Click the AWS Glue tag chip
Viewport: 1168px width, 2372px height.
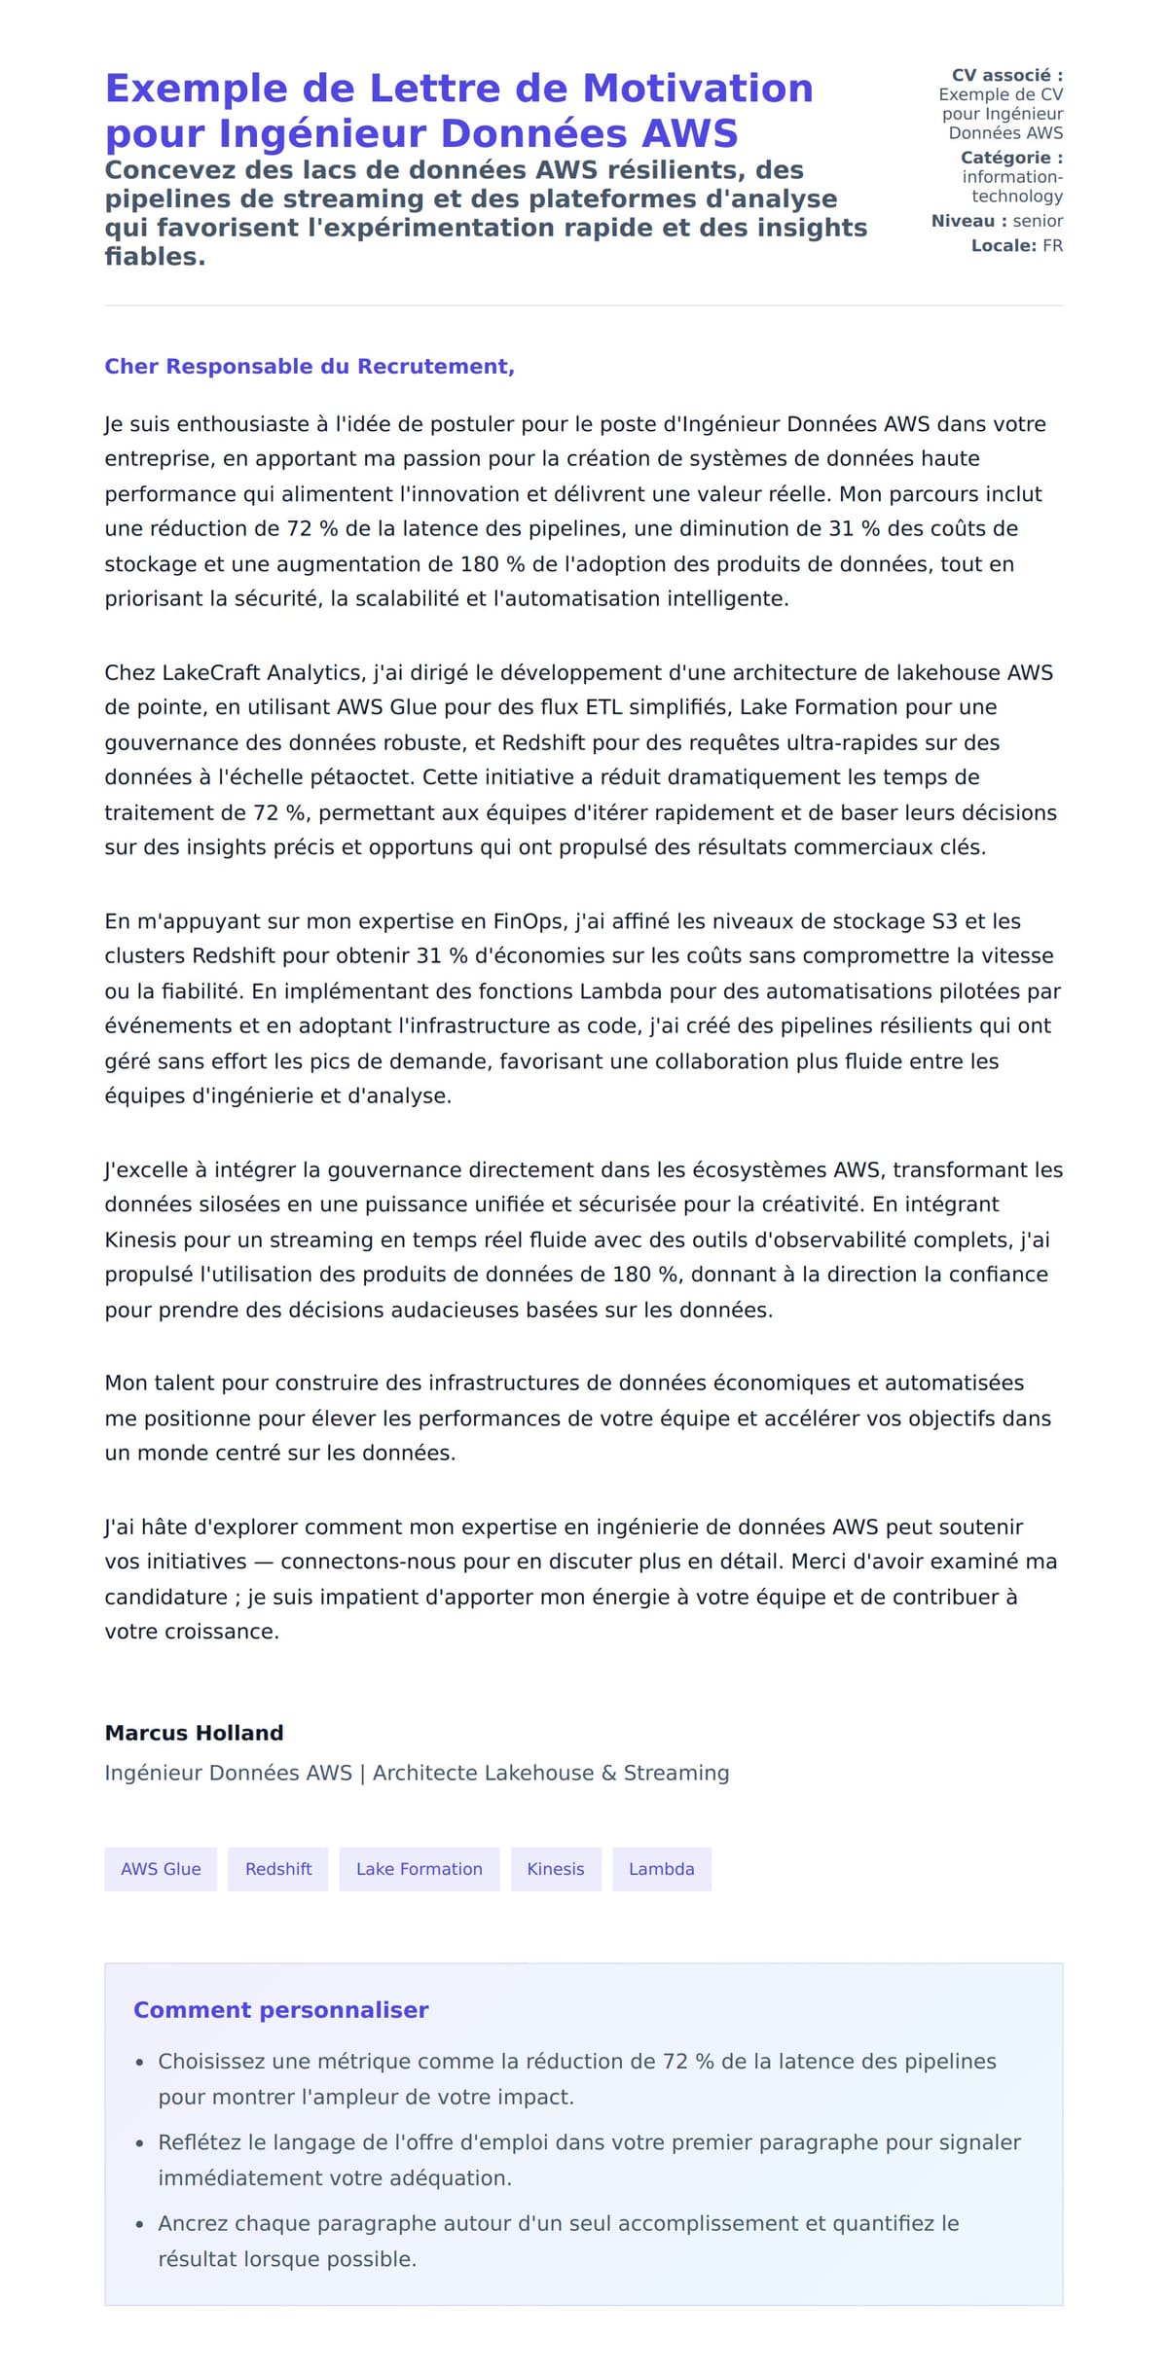point(161,1869)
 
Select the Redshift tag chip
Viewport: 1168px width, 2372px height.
point(278,1869)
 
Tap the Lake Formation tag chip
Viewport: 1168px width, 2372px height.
point(419,1869)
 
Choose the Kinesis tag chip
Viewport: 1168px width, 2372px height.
point(556,1869)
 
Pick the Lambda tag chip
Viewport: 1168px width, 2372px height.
point(661,1869)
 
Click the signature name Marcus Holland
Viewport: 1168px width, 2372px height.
point(194,1733)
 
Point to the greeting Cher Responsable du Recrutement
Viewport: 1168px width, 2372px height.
point(310,367)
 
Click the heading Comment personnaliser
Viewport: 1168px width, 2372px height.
point(280,2010)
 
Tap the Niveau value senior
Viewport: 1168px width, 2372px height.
point(1038,221)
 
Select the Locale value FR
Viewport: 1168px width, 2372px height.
point(1052,246)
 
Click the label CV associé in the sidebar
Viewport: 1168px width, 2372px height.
point(1006,75)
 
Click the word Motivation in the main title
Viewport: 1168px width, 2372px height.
point(697,89)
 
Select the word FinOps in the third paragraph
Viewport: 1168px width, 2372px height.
point(528,921)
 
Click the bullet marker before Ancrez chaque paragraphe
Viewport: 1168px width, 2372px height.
point(139,2225)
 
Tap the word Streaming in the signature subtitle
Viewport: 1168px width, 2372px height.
point(675,1773)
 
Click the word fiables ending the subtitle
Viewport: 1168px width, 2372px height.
point(154,257)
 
